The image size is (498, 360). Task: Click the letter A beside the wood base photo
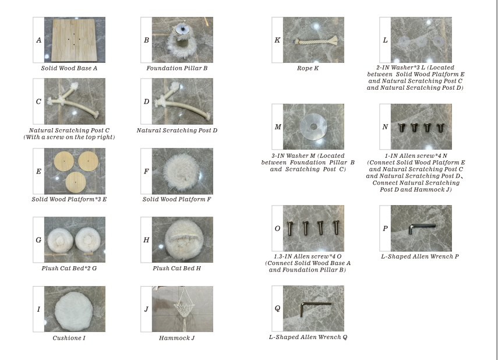pyautogui.click(x=39, y=40)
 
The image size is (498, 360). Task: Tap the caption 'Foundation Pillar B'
pyautogui.click(x=177, y=68)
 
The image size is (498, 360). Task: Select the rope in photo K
pyautogui.click(x=315, y=41)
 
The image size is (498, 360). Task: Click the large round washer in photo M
pyautogui.click(x=313, y=127)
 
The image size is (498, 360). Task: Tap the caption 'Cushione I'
pyautogui.click(x=69, y=338)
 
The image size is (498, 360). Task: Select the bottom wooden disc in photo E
pyautogui.click(x=76, y=182)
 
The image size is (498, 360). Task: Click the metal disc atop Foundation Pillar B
pyautogui.click(x=183, y=30)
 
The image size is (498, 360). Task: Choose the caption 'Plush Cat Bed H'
pyautogui.click(x=177, y=268)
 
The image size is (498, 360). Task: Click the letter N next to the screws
pyautogui.click(x=385, y=127)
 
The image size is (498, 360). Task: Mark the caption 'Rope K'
pyautogui.click(x=308, y=68)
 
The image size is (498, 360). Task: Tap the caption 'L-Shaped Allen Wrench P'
pyautogui.click(x=420, y=256)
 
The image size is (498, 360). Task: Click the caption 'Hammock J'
pyautogui.click(x=177, y=338)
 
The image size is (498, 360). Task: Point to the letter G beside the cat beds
pyautogui.click(x=39, y=240)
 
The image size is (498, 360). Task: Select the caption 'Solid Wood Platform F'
pyautogui.click(x=177, y=199)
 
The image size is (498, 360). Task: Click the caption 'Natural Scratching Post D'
pyautogui.click(x=177, y=130)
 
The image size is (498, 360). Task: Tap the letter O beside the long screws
pyautogui.click(x=277, y=228)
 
